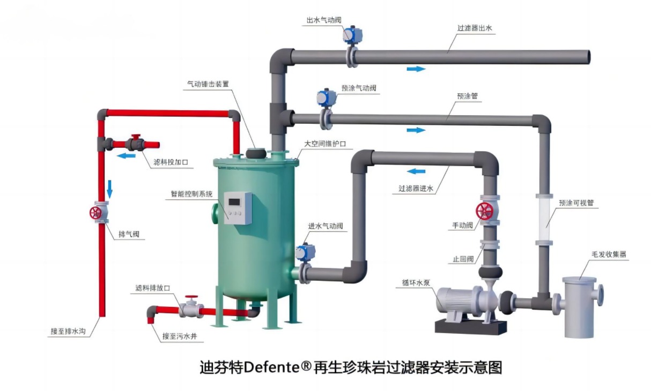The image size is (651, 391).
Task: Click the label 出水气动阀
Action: coord(324,20)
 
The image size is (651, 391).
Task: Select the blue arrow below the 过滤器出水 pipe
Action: coord(416,69)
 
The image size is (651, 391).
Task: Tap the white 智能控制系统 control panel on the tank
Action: coord(238,207)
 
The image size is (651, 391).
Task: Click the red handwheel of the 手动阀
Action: coord(485,211)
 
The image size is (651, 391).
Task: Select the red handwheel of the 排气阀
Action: coord(97,212)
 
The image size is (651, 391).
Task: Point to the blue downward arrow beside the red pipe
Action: coord(110,188)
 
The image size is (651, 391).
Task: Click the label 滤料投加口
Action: coord(171,161)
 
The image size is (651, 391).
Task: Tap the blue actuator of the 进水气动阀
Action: coord(305,252)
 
